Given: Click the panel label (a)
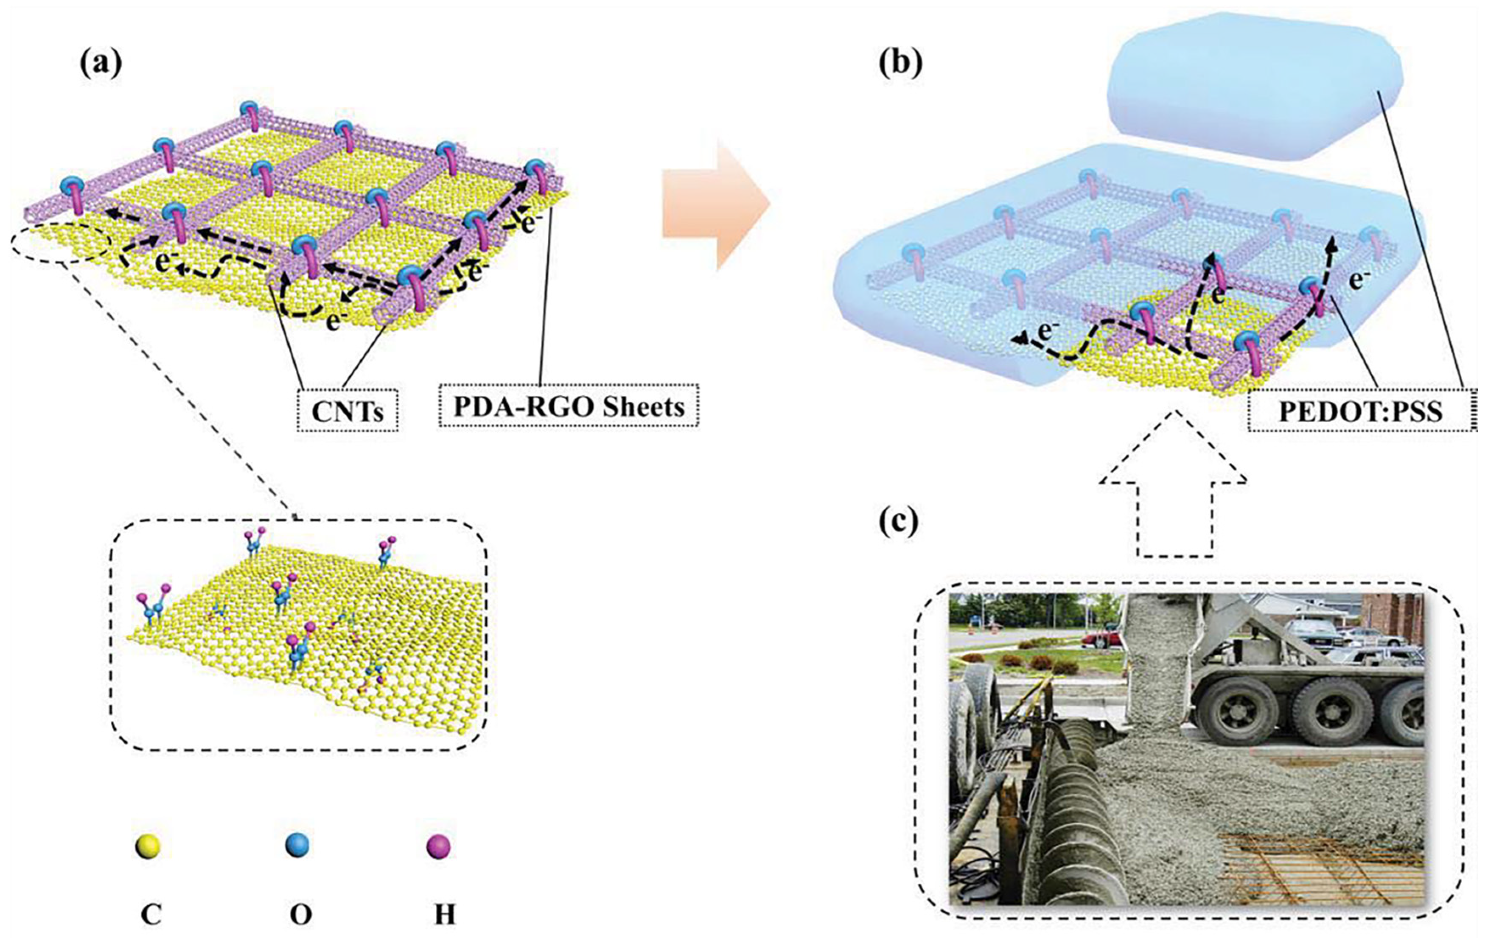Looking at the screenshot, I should (101, 64).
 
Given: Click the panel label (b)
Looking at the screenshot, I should (900, 64).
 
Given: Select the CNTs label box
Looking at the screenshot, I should (347, 410).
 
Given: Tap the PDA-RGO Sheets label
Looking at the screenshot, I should (569, 406).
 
